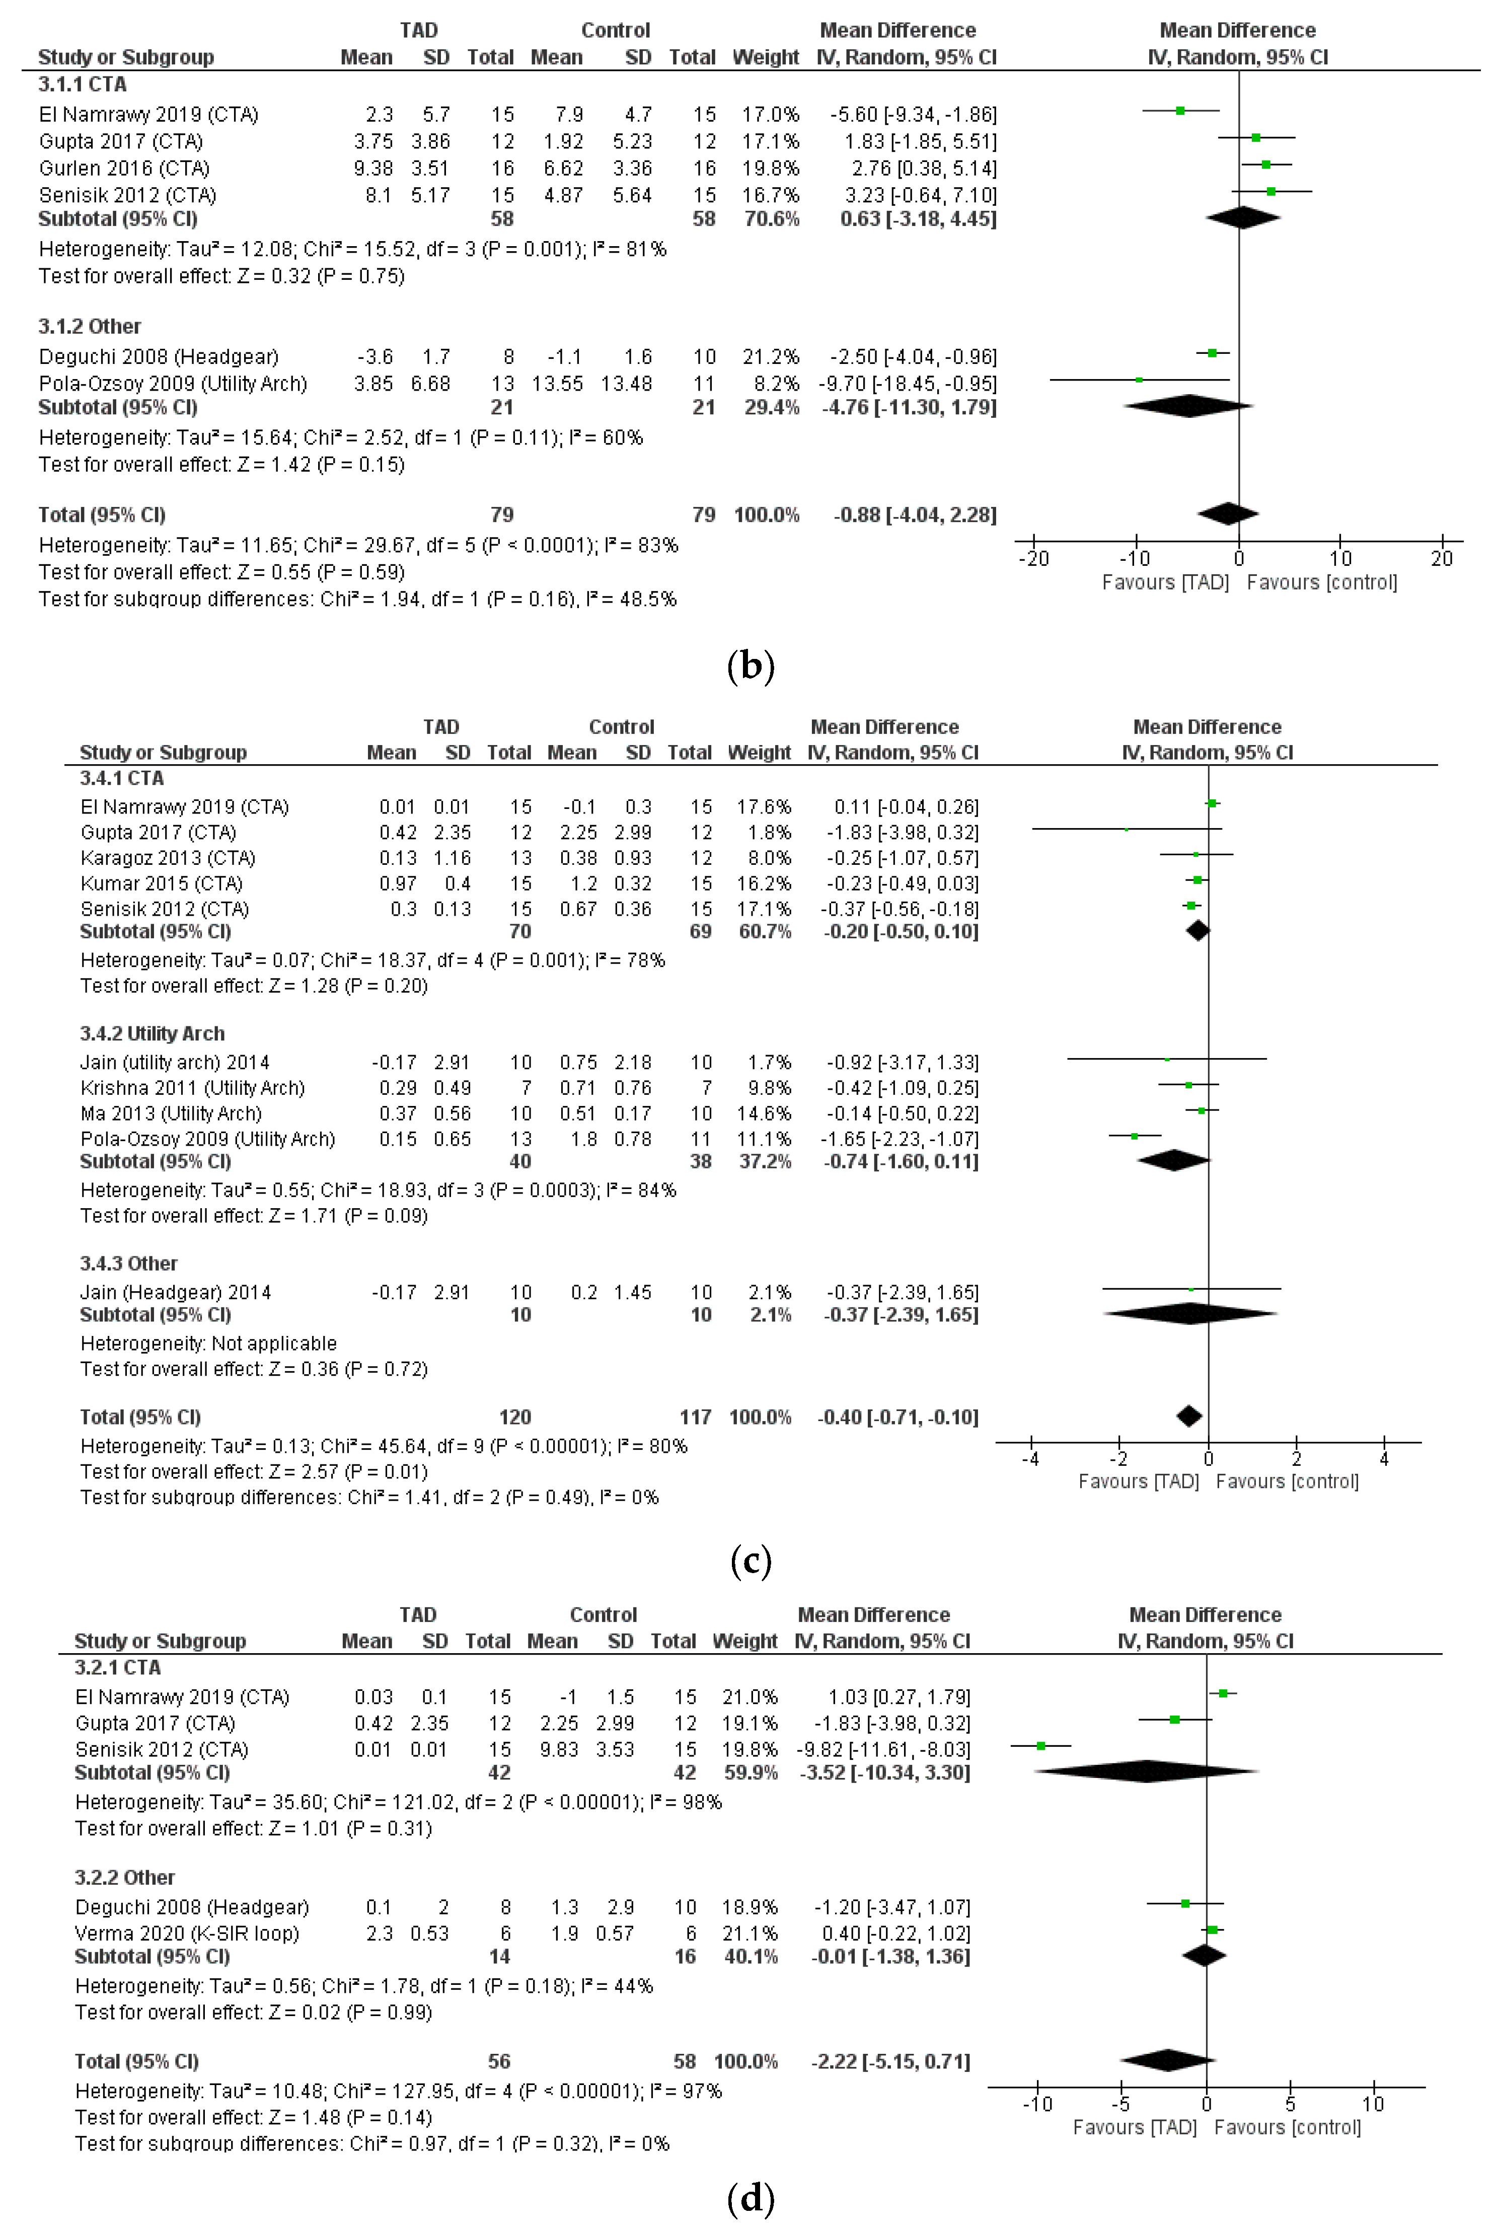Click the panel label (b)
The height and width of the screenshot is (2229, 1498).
[750, 666]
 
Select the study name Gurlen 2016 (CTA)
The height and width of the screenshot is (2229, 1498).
[124, 168]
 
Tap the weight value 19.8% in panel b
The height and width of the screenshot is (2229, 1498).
[770, 168]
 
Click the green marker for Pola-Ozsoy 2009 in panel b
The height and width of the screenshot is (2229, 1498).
[1139, 380]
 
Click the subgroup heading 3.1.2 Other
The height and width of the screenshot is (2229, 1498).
[90, 327]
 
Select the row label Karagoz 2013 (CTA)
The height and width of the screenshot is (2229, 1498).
[168, 858]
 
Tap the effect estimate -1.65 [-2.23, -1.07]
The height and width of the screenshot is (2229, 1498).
[902, 1139]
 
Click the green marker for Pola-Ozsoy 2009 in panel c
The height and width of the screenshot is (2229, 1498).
[1134, 1136]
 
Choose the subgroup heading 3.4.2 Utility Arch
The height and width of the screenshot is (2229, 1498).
[152, 1034]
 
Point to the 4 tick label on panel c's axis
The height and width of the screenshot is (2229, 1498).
[1384, 1459]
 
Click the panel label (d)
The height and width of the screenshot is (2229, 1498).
[750, 2199]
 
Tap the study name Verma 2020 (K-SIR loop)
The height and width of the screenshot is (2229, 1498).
[187, 1933]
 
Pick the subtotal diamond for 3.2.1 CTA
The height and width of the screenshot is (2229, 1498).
[1147, 1771]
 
